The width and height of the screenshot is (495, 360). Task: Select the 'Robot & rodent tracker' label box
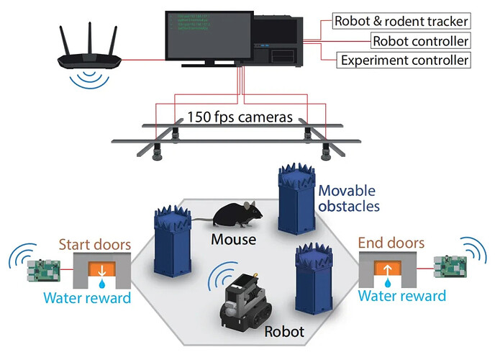(401, 20)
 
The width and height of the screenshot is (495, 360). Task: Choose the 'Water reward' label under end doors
(401, 295)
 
